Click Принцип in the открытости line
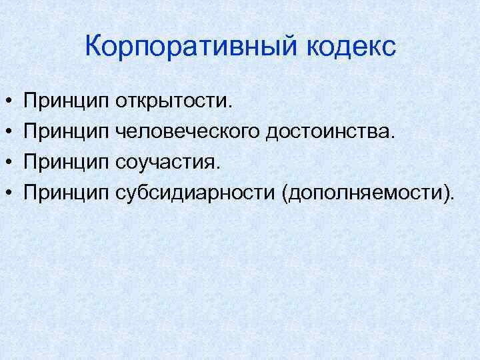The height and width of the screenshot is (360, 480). coord(66,102)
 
